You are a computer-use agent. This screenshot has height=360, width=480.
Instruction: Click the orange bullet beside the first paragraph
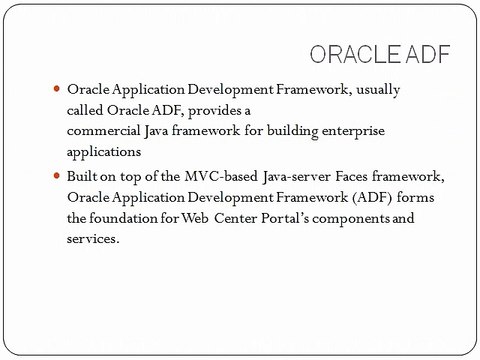[x=57, y=89]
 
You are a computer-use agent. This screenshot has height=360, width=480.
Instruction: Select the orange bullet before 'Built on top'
[x=57, y=176]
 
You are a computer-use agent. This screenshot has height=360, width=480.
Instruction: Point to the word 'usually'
[x=377, y=90]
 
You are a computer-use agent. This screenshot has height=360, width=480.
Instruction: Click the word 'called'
[x=89, y=110]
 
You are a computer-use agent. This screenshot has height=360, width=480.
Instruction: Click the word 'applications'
[x=104, y=152]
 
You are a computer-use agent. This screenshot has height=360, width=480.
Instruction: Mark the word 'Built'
[x=85, y=177]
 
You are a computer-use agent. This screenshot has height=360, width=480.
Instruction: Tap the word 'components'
[x=357, y=218]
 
